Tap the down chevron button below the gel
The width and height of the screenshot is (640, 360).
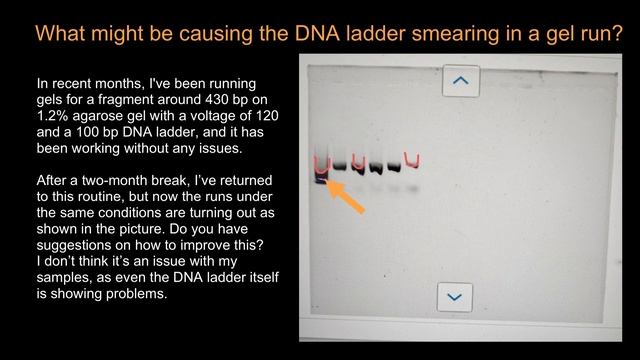coord(455,296)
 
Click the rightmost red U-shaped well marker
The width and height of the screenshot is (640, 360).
coord(411,159)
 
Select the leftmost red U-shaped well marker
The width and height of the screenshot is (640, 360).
coord(321,165)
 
